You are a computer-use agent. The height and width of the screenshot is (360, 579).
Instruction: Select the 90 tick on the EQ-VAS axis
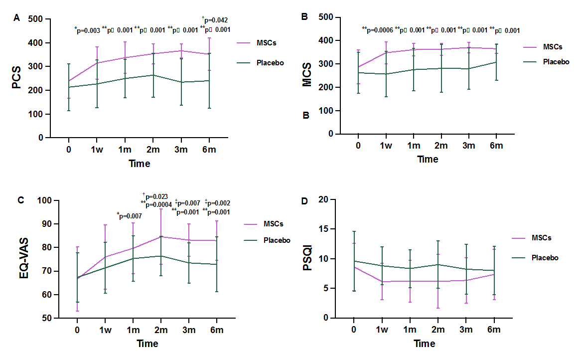(x=46, y=224)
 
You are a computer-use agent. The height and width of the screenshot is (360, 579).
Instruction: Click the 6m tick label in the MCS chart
(x=496, y=145)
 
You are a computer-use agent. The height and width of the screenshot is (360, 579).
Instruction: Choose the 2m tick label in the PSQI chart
(x=438, y=330)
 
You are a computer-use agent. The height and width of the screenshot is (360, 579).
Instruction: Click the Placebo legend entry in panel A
(x=271, y=63)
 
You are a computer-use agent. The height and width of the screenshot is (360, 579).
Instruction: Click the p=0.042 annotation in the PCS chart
(x=215, y=20)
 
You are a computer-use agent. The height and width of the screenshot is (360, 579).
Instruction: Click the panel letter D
(x=306, y=201)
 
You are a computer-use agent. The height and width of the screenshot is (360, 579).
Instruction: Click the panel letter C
(x=20, y=200)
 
